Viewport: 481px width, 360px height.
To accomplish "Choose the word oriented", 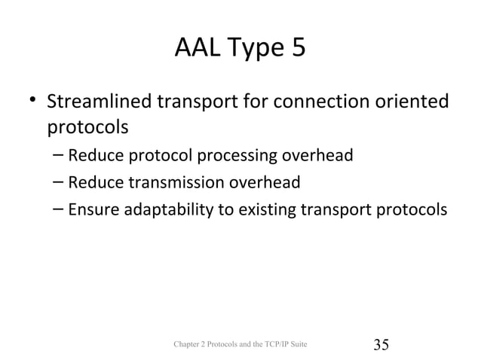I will (x=416, y=101).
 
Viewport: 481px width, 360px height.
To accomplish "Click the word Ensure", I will (x=93, y=208).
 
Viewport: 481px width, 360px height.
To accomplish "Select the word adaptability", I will (x=173, y=208).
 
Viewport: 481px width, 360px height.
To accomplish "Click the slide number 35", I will (x=381, y=345).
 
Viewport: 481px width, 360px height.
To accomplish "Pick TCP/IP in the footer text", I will (x=278, y=345).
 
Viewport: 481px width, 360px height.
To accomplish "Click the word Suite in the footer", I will (x=301, y=345).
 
